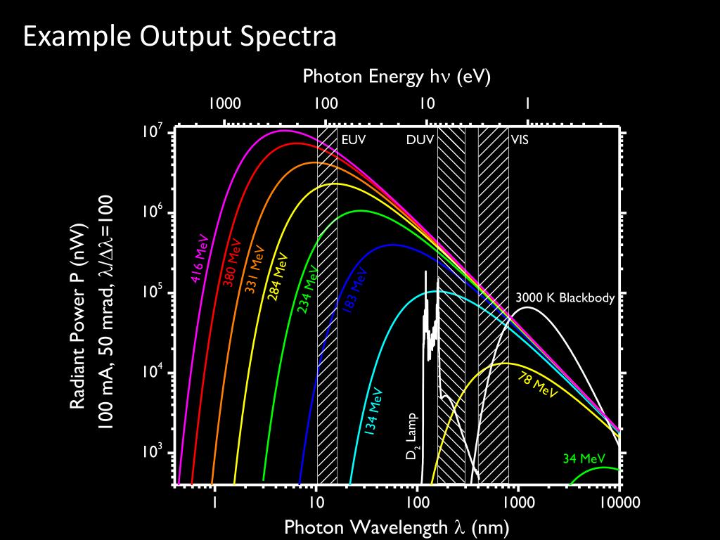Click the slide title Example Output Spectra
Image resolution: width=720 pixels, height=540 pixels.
[180, 36]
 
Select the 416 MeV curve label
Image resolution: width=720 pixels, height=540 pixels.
[200, 258]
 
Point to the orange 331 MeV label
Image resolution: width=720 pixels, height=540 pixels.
[255, 270]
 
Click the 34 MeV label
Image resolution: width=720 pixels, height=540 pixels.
[584, 459]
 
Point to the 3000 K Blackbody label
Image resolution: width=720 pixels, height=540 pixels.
[565, 297]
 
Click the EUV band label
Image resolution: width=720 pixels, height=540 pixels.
[353, 139]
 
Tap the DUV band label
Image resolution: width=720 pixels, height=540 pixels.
[420, 139]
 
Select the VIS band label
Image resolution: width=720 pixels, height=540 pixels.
[520, 139]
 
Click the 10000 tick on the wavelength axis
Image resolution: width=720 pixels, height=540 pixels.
[619, 503]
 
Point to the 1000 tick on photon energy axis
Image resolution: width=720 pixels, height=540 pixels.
[224, 104]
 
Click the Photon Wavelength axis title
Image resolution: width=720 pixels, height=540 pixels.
[396, 527]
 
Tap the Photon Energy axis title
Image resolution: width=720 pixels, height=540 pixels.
[396, 77]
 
